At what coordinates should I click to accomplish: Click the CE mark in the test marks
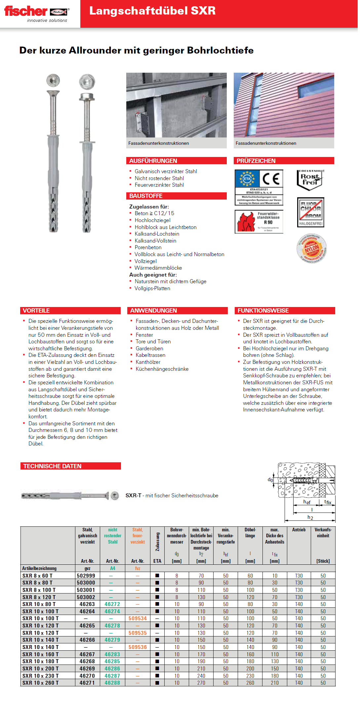(271, 179)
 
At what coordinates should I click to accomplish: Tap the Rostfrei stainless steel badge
(310, 180)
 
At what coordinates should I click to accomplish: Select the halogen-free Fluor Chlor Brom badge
(310, 212)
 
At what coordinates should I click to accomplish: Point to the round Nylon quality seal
(311, 248)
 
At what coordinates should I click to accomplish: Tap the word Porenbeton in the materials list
(148, 248)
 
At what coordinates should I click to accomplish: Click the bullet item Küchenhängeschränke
(162, 369)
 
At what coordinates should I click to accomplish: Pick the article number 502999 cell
(86, 576)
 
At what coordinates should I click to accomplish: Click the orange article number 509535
(138, 633)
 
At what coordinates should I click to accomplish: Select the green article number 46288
(112, 683)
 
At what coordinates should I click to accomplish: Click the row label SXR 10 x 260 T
(40, 683)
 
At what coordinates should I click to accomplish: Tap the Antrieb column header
(299, 530)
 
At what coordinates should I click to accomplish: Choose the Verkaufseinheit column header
(323, 533)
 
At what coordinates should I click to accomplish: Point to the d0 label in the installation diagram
(270, 480)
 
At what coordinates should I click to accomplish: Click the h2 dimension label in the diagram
(310, 517)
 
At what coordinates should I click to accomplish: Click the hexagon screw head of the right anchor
(87, 81)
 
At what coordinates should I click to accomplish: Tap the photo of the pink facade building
(284, 105)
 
